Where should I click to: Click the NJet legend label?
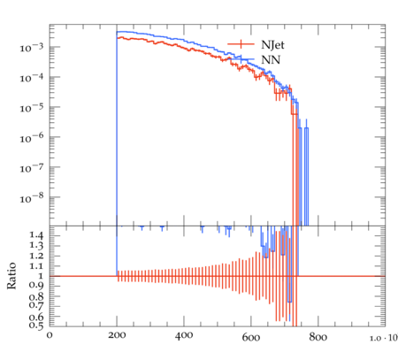click(x=272, y=45)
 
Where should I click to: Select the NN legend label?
click(x=271, y=60)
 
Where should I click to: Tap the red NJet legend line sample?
click(x=241, y=44)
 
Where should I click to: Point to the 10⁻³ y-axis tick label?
click(x=31, y=48)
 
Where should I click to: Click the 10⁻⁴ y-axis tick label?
click(x=31, y=78)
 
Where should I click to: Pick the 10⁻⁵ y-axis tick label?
click(x=31, y=108)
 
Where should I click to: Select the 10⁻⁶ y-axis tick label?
click(x=31, y=138)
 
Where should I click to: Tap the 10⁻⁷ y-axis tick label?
click(x=31, y=168)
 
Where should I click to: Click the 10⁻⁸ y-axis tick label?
click(x=31, y=198)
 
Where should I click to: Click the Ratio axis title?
click(x=11, y=275)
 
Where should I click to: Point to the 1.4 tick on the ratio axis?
click(x=36, y=235)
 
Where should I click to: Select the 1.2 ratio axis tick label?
click(x=36, y=256)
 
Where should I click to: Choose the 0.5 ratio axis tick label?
click(x=36, y=326)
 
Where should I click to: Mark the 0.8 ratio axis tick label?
click(x=36, y=296)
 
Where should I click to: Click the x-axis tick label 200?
click(x=117, y=335)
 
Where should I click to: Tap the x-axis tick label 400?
click(x=184, y=335)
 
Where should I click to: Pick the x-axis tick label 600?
click(x=251, y=337)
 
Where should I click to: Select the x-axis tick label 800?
click(x=318, y=337)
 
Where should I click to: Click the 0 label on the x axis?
click(x=50, y=335)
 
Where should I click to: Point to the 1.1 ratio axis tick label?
click(x=36, y=266)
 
